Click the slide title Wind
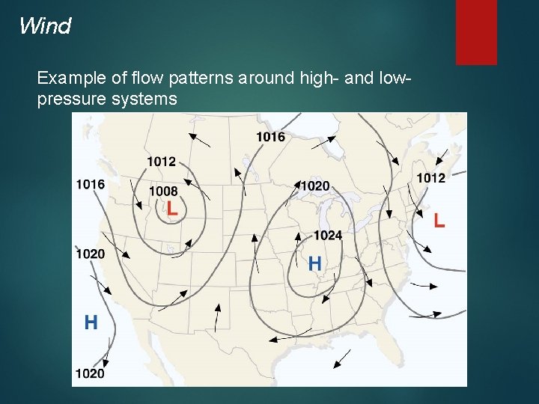tap(45, 27)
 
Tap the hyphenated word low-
tap(389, 79)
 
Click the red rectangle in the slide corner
tap(476, 31)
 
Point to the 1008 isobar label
tap(163, 192)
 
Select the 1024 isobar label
tap(327, 236)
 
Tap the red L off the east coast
tap(439, 220)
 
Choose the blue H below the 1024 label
tap(315, 263)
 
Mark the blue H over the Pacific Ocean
tap(91, 322)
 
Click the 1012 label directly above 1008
tap(161, 162)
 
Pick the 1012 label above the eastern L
tap(430, 178)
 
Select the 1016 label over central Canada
tap(270, 136)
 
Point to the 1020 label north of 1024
tap(314, 186)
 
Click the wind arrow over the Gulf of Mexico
tap(341, 359)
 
